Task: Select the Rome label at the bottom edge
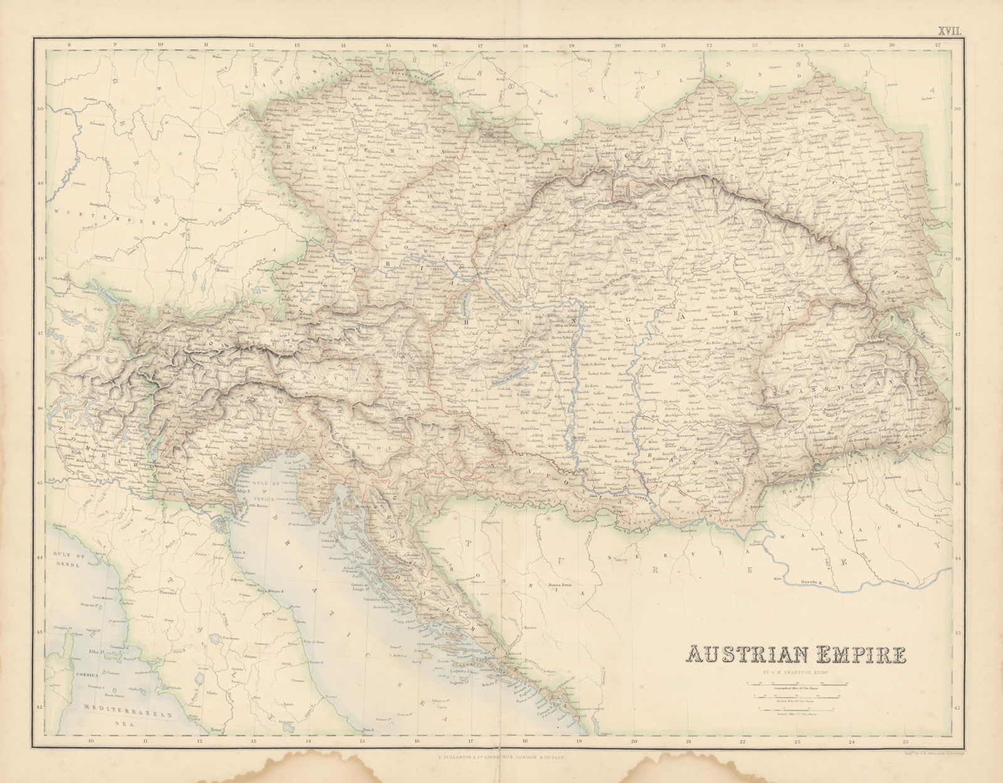217,730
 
